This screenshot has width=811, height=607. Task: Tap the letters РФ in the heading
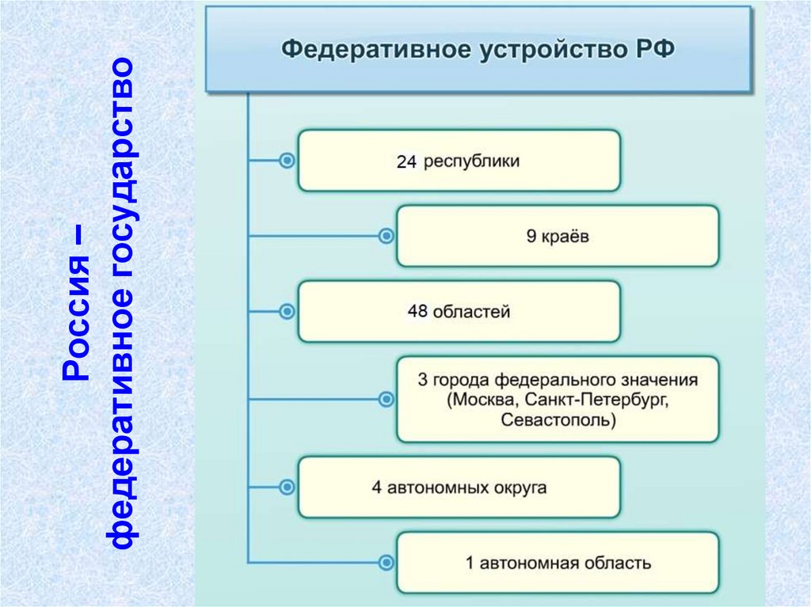coord(655,49)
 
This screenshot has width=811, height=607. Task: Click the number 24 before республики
coord(406,162)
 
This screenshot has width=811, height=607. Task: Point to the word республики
coord(472,161)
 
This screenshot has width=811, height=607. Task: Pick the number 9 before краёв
coord(531,237)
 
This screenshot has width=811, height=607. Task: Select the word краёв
coord(566,237)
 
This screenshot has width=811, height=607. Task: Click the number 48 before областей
coord(417,312)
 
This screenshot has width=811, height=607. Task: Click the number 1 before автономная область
coord(470,563)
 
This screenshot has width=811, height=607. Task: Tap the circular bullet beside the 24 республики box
coord(287,161)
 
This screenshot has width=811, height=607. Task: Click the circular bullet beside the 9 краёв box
coord(386,236)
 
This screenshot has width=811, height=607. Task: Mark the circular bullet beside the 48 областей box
coord(287,311)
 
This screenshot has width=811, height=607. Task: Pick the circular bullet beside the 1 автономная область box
coord(386,563)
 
